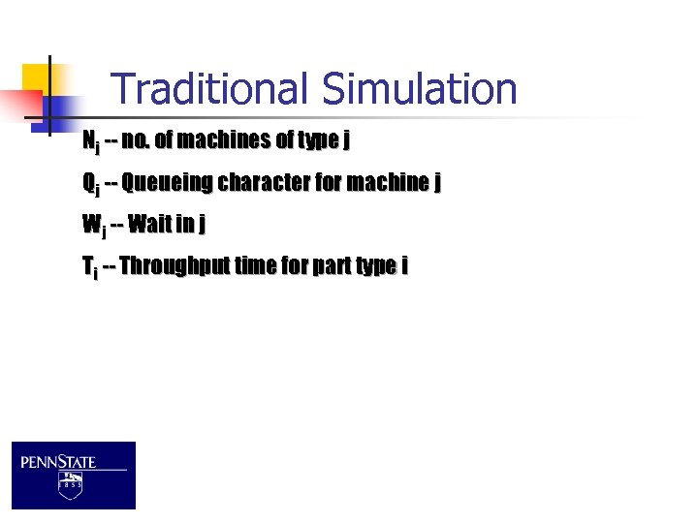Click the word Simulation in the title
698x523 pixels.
(x=419, y=90)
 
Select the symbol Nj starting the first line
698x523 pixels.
(x=90, y=142)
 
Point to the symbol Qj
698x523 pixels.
(x=90, y=184)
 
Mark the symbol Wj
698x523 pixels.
(x=93, y=226)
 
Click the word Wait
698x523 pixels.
(x=149, y=225)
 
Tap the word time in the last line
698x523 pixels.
(x=256, y=265)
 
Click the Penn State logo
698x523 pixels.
(x=74, y=475)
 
